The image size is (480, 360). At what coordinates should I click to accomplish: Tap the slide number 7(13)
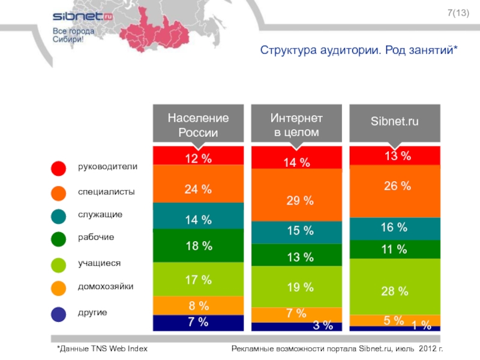pyautogui.click(x=458, y=14)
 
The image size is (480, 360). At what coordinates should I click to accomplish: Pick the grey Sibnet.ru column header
pyautogui.click(x=394, y=122)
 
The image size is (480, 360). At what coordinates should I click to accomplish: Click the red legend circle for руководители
pyautogui.click(x=58, y=168)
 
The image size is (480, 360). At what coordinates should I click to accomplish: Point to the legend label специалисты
pyautogui.click(x=106, y=192)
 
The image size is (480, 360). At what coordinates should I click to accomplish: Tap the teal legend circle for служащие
pyautogui.click(x=58, y=216)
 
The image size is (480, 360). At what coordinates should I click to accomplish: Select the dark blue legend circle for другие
pyautogui.click(x=58, y=314)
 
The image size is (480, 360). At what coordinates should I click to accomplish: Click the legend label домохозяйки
pyautogui.click(x=106, y=287)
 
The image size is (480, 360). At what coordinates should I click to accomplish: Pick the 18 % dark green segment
pyautogui.click(x=198, y=245)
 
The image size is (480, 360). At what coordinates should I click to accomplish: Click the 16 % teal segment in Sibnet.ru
pyautogui.click(x=394, y=228)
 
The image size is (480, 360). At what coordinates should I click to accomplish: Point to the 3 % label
pyautogui.click(x=323, y=326)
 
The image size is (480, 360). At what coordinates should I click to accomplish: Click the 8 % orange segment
pyautogui.click(x=198, y=305)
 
